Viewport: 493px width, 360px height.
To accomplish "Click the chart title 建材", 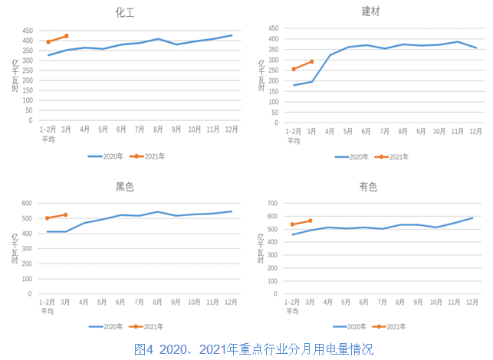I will tap(371, 11).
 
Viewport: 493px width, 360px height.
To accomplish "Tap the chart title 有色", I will tap(369, 186).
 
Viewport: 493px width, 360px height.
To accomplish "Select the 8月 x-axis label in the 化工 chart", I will tap(157, 129).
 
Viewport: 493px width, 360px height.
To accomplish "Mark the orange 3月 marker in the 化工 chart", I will tap(67, 36).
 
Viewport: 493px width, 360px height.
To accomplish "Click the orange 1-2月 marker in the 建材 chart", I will tap(293, 69).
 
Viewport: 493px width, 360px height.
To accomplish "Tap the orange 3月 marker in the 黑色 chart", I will tap(66, 215).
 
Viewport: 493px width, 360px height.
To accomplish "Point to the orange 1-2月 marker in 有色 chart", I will tap(292, 224).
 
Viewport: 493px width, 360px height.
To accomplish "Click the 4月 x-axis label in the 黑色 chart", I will tap(84, 303).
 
